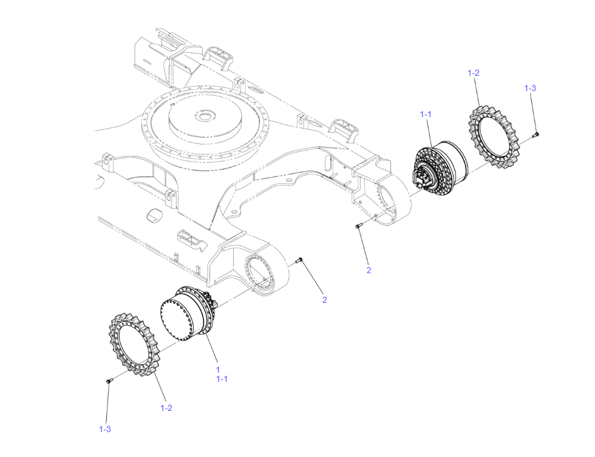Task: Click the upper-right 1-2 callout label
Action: click(x=474, y=73)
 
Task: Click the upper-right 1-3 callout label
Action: click(x=530, y=88)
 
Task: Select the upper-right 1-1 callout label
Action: click(x=426, y=114)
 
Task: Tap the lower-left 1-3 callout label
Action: click(x=105, y=429)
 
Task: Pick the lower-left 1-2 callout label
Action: click(x=166, y=408)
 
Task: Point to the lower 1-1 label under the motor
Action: click(x=222, y=379)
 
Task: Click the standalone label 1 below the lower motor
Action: click(x=218, y=369)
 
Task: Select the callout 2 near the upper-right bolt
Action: click(x=369, y=270)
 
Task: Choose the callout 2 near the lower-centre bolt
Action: click(x=324, y=300)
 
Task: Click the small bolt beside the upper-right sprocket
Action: click(x=535, y=135)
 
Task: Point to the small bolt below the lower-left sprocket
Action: click(x=108, y=381)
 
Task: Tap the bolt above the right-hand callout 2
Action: click(x=358, y=226)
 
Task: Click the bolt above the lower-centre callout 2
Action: click(x=298, y=260)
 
